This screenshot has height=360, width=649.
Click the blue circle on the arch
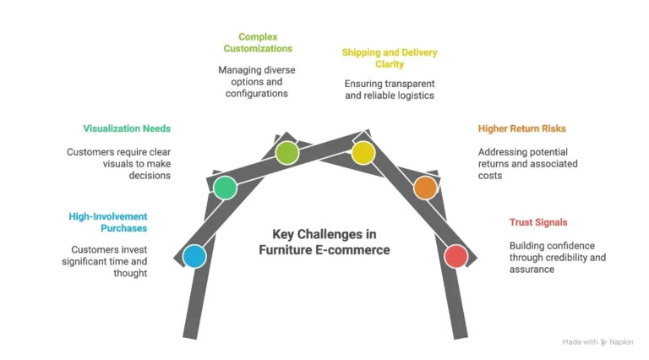[194, 256]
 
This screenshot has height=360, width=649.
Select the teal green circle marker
[224, 187]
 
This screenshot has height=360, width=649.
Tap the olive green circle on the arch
[287, 152]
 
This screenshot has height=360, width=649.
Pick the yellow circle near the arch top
[363, 152]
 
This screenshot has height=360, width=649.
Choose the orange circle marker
[425, 187]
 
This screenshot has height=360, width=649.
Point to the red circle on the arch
[455, 256]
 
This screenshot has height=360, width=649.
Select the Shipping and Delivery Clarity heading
[389, 57]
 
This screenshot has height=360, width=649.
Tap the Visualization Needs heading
[127, 128]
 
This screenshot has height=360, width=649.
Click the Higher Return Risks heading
[521, 128]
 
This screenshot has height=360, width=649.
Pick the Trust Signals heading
[537, 222]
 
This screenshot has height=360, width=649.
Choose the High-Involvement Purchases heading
[108, 222]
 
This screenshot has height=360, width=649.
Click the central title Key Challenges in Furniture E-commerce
[324, 242]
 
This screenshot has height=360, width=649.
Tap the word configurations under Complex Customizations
[257, 93]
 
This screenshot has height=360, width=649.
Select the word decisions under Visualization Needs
[149, 176]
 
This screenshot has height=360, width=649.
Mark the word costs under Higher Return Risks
[490, 176]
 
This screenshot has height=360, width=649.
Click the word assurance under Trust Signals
[531, 270]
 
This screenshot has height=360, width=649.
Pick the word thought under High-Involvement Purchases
[130, 273]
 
